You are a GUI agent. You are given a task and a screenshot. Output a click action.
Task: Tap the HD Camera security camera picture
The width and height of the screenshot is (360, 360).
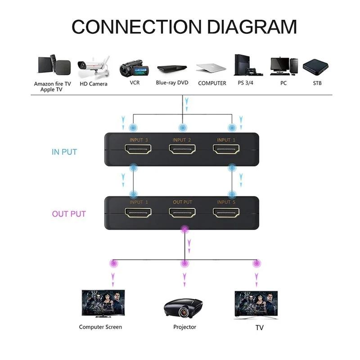click(x=93, y=67)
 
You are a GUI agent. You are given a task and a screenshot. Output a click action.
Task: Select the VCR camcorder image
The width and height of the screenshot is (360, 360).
click(x=134, y=69)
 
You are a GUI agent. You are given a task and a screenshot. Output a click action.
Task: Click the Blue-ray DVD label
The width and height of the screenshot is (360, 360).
click(x=172, y=83)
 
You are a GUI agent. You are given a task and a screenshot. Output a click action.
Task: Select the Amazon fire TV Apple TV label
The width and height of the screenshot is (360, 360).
click(x=53, y=86)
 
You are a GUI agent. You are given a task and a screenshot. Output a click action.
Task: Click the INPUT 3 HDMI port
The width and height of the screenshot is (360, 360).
click(x=138, y=149)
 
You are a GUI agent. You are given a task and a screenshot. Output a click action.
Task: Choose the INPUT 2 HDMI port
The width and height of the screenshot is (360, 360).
click(x=182, y=149)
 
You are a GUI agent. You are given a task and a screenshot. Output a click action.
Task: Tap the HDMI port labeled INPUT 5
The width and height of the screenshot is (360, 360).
click(x=226, y=212)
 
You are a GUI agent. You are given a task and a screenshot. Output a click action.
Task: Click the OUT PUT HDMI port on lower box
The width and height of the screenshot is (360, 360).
click(x=182, y=212)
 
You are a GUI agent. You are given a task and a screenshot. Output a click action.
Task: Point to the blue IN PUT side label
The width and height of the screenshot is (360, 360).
click(x=64, y=152)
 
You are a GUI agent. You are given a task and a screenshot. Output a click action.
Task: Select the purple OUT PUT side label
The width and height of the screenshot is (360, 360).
click(x=69, y=214)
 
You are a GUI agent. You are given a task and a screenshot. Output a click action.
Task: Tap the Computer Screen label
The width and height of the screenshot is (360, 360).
click(x=100, y=327)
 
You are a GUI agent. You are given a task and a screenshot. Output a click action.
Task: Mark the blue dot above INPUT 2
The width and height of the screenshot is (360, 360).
click(x=182, y=128)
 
